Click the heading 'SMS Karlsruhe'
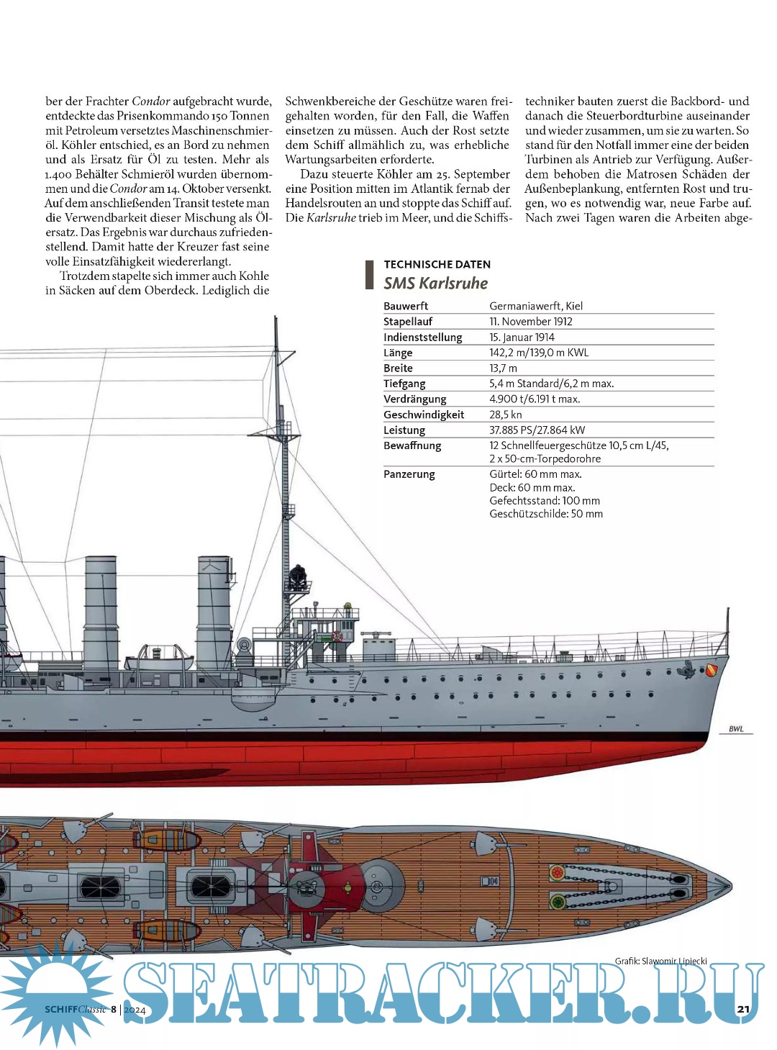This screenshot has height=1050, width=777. point(435,283)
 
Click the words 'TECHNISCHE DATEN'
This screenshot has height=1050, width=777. point(437,264)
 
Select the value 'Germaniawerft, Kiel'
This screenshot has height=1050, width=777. point(536,306)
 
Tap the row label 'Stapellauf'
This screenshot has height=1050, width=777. point(408,322)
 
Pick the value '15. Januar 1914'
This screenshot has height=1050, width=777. point(522,337)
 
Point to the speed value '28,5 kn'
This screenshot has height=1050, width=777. point(506,415)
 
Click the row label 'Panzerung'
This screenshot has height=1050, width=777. point(409,474)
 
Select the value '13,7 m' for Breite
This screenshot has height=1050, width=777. point(503,368)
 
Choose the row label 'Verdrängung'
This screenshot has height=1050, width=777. point(414,399)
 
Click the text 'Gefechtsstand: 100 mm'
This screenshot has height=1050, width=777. point(545,501)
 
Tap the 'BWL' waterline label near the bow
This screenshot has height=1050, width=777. point(736,729)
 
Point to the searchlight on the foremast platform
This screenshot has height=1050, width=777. point(296,576)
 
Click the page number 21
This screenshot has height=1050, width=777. point(743,1009)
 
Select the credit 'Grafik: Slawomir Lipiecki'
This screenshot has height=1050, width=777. point(660,961)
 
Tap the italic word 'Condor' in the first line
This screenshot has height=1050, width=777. point(150,101)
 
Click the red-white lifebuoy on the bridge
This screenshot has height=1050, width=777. point(336,635)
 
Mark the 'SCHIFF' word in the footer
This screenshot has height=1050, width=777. point(60,1010)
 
